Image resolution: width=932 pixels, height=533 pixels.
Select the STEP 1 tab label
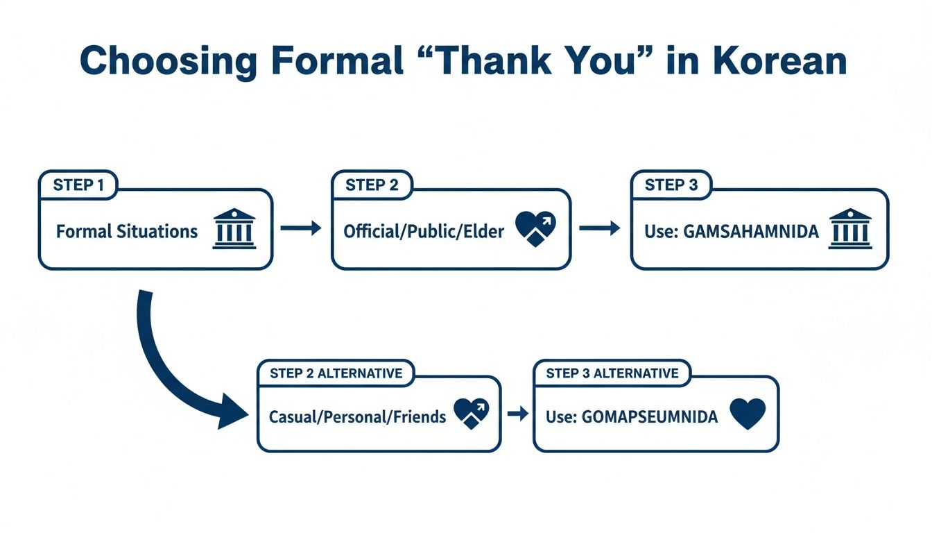pyautogui.click(x=78, y=185)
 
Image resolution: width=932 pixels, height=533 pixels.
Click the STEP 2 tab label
pyautogui.click(x=372, y=185)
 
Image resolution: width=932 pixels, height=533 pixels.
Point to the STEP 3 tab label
pyautogui.click(x=671, y=185)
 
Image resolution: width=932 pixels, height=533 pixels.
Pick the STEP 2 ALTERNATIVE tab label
pyautogui.click(x=336, y=373)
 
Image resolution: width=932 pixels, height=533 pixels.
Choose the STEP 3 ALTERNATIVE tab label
pyautogui.click(x=612, y=373)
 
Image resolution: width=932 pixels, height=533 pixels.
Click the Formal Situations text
pyautogui.click(x=127, y=231)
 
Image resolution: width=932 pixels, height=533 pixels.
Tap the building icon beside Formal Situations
pyautogui.click(x=235, y=228)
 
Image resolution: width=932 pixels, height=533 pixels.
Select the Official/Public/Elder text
pyautogui.click(x=424, y=231)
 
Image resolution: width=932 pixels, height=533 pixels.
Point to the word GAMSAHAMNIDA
pyautogui.click(x=751, y=231)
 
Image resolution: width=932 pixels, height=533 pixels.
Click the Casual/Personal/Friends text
pyautogui.click(x=357, y=417)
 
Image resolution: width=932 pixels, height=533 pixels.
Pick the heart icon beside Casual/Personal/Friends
pyautogui.click(x=472, y=414)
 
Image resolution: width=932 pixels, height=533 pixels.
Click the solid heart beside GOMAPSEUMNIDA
pyautogui.click(x=748, y=414)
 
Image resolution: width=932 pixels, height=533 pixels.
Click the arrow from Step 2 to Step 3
pyautogui.click(x=600, y=228)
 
